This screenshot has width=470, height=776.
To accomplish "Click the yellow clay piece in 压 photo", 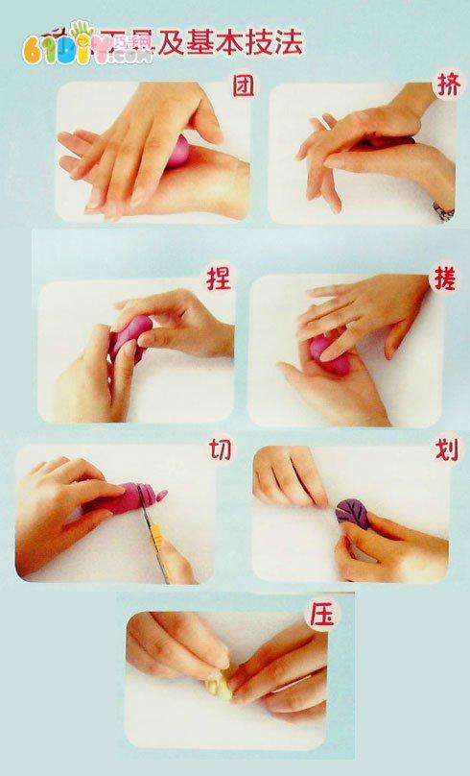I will coord(220,683).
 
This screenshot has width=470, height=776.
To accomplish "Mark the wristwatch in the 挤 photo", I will coord(444,209).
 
